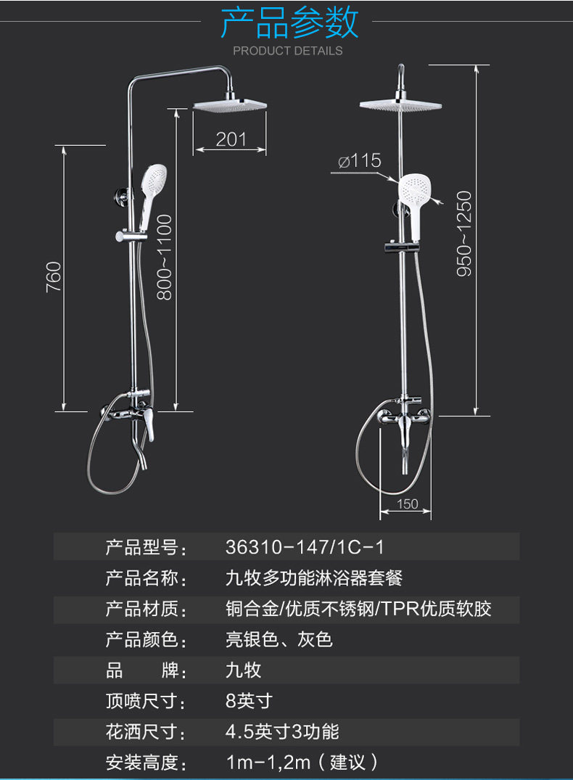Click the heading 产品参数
(289, 22)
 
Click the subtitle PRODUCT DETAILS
(287, 51)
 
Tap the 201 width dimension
(231, 139)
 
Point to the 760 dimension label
(54, 276)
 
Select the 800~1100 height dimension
(165, 258)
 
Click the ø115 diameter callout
(360, 160)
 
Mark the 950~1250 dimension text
(463, 233)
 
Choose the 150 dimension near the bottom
(408, 504)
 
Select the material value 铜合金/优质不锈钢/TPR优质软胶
(358, 609)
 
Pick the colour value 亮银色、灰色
(279, 640)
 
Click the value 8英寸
(249, 701)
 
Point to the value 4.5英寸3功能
(282, 731)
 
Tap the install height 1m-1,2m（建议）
(302, 762)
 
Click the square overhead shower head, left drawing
(231, 105)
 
